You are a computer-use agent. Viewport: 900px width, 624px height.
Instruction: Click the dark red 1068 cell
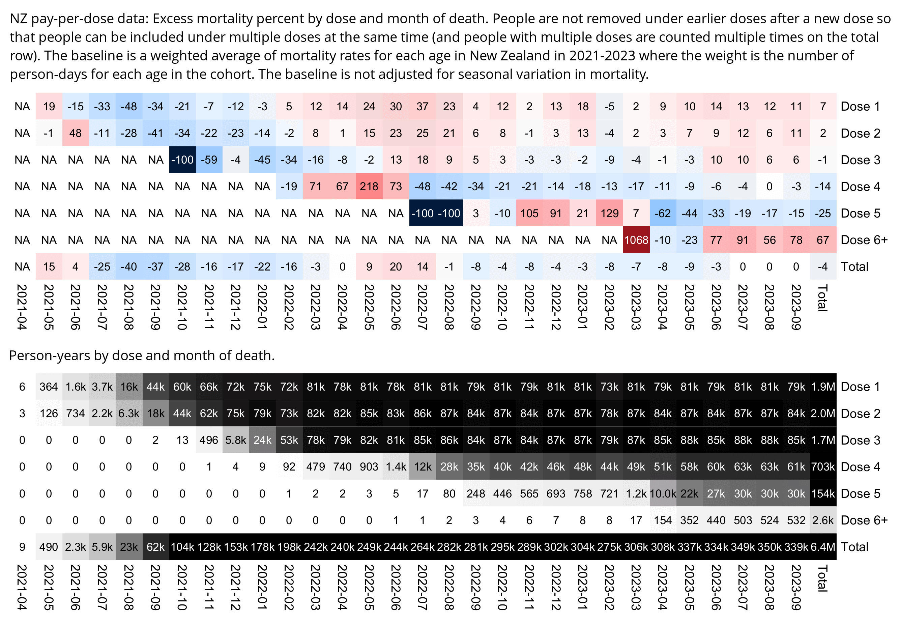(x=636, y=240)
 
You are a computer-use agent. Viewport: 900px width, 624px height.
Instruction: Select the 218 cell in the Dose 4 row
(x=369, y=187)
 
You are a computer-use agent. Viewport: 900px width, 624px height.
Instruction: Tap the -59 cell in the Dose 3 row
(x=209, y=160)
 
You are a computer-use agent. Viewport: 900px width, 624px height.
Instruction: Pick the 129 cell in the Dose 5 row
(x=609, y=213)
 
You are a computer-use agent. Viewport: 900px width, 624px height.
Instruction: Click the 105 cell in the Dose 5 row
(x=529, y=213)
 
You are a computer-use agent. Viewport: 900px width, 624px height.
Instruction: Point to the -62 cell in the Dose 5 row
(x=663, y=213)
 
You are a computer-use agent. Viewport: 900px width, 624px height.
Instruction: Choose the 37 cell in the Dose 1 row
(x=423, y=106)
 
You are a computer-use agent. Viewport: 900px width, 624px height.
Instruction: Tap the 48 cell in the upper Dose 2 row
(x=76, y=133)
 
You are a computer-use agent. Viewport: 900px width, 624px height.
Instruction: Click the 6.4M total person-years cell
(x=823, y=546)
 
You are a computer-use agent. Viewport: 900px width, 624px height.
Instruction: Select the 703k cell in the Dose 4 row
(x=823, y=466)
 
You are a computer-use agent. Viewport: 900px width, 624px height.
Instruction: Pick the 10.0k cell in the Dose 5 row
(x=663, y=493)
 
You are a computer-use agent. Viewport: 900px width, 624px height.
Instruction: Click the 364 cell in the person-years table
(x=49, y=387)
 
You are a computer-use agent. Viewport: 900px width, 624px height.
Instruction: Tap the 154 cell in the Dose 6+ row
(x=663, y=520)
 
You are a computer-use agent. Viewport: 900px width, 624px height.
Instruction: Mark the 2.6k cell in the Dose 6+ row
(x=823, y=520)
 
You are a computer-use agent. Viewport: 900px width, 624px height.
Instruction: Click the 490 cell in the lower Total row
(x=49, y=546)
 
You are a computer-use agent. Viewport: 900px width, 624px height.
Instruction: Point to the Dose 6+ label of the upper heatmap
(x=864, y=240)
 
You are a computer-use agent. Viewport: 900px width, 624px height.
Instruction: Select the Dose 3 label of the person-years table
(x=860, y=440)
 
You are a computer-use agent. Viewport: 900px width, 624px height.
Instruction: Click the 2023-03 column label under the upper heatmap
(x=636, y=307)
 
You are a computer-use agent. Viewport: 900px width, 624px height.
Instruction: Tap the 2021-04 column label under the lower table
(x=22, y=587)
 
